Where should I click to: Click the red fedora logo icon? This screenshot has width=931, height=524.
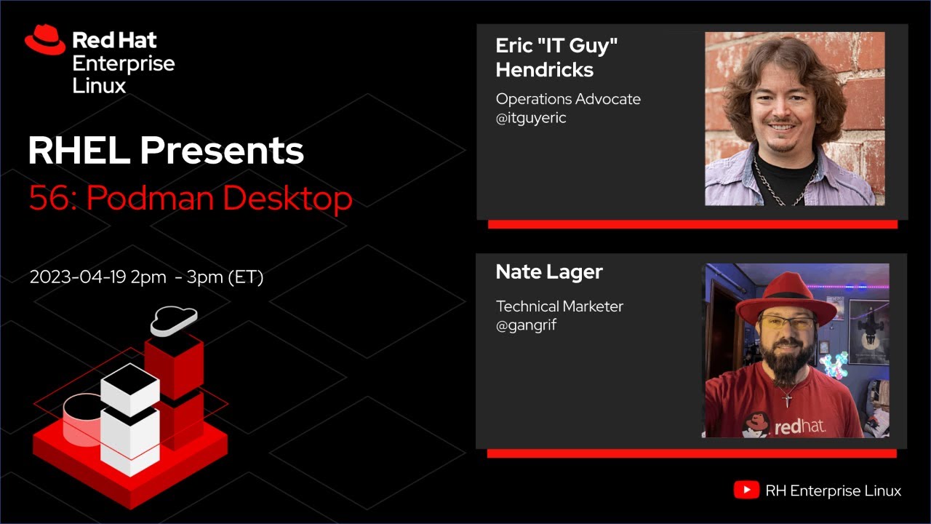45,40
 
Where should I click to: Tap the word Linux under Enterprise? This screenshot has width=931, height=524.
99,86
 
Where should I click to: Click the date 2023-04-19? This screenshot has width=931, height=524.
78,277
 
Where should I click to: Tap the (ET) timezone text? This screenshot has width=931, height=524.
245,277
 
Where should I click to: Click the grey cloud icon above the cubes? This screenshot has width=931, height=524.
174,320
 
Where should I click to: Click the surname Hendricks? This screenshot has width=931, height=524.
544,70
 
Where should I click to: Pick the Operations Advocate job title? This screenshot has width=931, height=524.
568,99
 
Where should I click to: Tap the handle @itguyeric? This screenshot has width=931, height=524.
531,118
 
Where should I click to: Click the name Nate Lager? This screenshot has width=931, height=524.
549,272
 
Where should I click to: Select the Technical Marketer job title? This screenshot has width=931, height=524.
559,306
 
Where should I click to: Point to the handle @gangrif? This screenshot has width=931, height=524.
526,325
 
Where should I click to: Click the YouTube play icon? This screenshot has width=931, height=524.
746,491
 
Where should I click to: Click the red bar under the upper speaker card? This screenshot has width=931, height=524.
692,225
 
